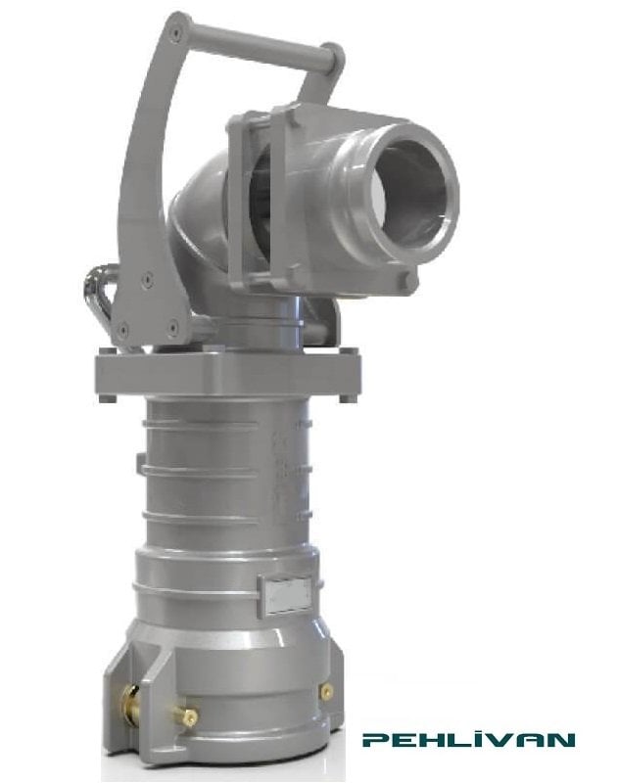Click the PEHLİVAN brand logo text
point(468,741)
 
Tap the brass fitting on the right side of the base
point(326,691)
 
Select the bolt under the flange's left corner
point(110,395)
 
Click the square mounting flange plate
point(225,372)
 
